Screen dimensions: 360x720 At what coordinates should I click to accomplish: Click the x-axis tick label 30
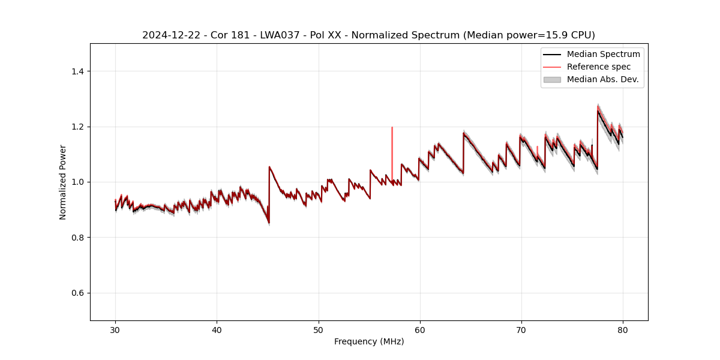pyautogui.click(x=115, y=329)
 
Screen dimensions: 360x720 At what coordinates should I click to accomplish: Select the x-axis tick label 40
pyautogui.click(x=217, y=329)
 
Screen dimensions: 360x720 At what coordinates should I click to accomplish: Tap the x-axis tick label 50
pyautogui.click(x=318, y=329)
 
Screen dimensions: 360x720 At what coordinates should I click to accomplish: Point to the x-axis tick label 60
pyautogui.click(x=420, y=329)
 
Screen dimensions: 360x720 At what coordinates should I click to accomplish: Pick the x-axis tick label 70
pyautogui.click(x=521, y=329)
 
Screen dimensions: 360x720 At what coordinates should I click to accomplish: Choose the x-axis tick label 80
pyautogui.click(x=623, y=329)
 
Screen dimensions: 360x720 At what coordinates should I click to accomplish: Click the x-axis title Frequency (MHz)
pyautogui.click(x=369, y=341)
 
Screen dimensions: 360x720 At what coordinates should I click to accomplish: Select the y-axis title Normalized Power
pyautogui.click(x=63, y=182)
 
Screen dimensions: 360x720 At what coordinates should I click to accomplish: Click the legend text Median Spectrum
pyautogui.click(x=603, y=55)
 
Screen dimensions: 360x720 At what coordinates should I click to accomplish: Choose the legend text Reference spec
pyautogui.click(x=599, y=67)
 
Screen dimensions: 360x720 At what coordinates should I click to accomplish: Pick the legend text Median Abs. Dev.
pyautogui.click(x=602, y=79)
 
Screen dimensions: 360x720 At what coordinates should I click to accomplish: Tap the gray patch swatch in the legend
pyautogui.click(x=552, y=79)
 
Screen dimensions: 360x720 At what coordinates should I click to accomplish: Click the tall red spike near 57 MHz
pyautogui.click(x=392, y=144)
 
